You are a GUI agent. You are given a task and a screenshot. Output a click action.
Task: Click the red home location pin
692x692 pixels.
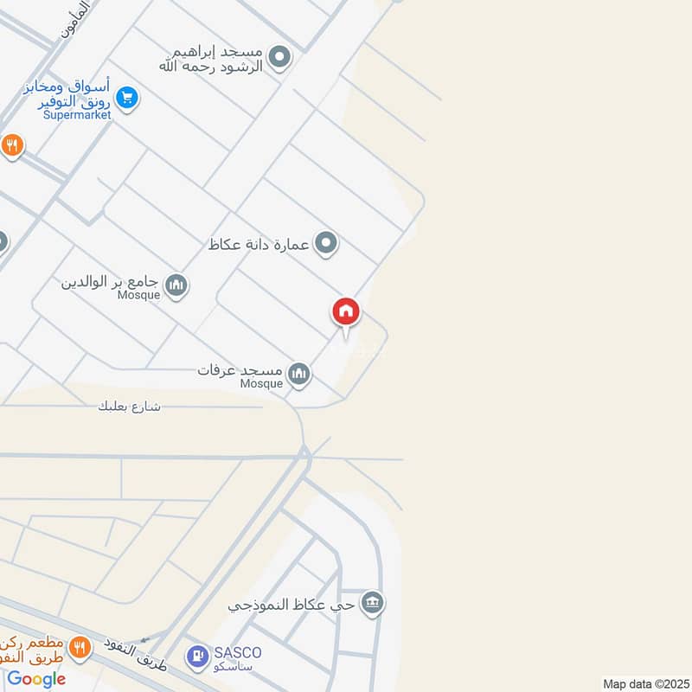(x=346, y=311)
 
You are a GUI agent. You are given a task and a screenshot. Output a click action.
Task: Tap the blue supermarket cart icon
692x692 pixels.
(x=127, y=99)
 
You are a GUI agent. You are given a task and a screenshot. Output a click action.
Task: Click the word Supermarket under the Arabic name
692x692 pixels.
(x=79, y=115)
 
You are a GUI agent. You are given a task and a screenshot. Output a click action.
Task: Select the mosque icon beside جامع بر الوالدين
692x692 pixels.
(x=176, y=285)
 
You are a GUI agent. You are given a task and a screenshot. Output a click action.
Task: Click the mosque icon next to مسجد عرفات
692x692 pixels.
(x=299, y=374)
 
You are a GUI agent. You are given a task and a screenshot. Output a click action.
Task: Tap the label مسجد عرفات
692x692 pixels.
(x=241, y=370)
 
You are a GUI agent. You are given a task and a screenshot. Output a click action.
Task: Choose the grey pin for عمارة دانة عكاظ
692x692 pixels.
(x=325, y=243)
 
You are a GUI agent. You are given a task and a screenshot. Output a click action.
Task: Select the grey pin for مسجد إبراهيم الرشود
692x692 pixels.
(x=279, y=58)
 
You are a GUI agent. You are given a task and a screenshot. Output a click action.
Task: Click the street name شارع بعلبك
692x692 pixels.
(x=131, y=406)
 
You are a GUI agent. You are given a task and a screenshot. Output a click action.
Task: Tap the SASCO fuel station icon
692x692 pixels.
(x=198, y=657)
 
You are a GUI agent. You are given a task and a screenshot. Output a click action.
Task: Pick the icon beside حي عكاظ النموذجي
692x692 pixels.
(x=372, y=603)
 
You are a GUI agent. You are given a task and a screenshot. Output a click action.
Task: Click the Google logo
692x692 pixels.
(x=36, y=679)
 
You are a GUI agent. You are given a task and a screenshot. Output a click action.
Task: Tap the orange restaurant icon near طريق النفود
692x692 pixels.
(x=80, y=646)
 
